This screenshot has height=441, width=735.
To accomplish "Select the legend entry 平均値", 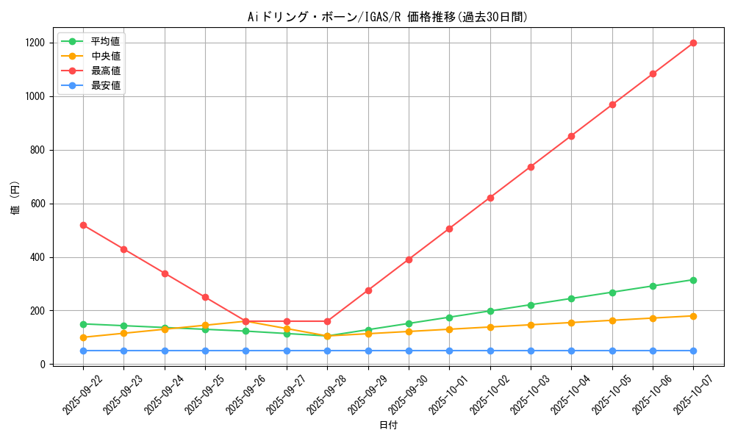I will (105, 41).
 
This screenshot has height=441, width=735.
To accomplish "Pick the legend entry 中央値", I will (105, 56).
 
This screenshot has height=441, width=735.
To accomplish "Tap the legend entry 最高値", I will (105, 71).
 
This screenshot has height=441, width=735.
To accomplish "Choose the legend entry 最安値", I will (105, 85).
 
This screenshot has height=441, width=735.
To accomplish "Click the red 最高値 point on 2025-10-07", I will (693, 43).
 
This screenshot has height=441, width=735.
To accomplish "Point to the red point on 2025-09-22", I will (83, 225).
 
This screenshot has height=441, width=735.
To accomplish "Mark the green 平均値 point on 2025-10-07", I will (693, 280).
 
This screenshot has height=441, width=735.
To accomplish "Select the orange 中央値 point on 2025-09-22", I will (83, 337).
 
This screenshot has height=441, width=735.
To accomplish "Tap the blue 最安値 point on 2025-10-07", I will (693, 351).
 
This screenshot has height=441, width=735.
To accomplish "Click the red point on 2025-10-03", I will (531, 167).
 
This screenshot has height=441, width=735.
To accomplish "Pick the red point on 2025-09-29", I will (368, 290).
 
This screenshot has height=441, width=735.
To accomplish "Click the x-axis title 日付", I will (388, 426).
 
